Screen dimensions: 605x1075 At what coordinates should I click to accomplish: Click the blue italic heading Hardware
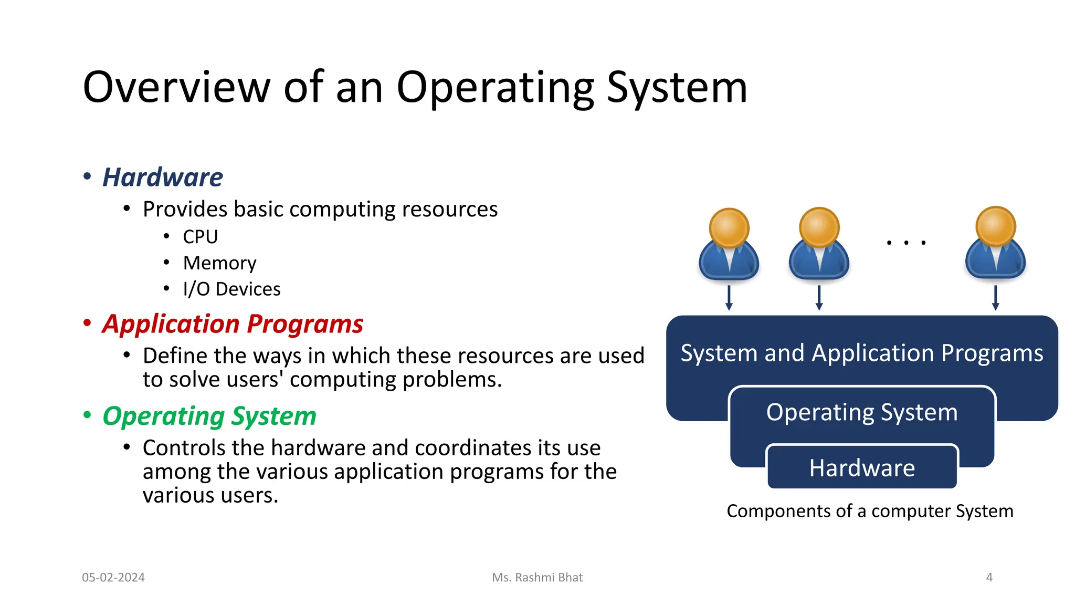[x=162, y=177]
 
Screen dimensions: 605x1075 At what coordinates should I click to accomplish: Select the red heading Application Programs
[x=233, y=324]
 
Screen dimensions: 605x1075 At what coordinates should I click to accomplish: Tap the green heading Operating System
[x=209, y=416]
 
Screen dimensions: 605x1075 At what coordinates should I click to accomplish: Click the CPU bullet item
[x=200, y=237]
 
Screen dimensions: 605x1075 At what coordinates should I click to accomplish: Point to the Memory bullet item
[x=219, y=263]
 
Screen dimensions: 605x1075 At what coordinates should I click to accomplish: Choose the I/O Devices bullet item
[x=231, y=289]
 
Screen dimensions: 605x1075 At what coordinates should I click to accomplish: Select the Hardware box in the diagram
[x=862, y=467]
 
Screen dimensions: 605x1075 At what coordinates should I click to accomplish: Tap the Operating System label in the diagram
[x=862, y=412]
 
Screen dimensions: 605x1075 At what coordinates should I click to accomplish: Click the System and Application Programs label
[x=862, y=353]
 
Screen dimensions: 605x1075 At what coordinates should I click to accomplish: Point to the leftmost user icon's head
[x=729, y=228]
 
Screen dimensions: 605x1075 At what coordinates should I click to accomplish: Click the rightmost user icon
[x=995, y=244]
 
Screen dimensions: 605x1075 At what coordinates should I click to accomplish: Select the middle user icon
[x=819, y=244]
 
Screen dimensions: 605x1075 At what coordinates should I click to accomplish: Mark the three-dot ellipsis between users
[x=906, y=243]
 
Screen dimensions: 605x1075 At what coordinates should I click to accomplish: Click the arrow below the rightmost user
[x=995, y=298]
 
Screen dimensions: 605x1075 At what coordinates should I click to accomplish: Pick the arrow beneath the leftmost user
[x=729, y=298]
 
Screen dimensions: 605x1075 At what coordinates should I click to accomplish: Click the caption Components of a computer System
[x=870, y=511]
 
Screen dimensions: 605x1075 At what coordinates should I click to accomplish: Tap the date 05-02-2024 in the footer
[x=113, y=577]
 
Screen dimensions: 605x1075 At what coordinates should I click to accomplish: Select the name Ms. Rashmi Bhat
[x=537, y=577]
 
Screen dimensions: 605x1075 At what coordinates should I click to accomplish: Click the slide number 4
[x=989, y=577]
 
